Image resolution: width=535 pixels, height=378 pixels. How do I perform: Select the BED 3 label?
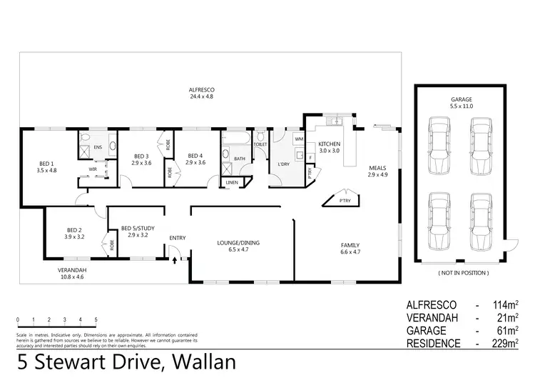pyautogui.click(x=141, y=159)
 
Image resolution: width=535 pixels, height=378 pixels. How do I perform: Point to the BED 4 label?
pyautogui.click(x=195, y=159)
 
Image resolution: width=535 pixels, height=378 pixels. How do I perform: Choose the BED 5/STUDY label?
pyautogui.click(x=134, y=231)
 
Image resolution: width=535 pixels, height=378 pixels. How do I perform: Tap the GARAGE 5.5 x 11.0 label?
pyautogui.click(x=461, y=102)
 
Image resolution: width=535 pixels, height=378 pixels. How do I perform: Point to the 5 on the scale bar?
pyautogui.click(x=96, y=319)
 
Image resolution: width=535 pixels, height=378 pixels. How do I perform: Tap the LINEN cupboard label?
pyautogui.click(x=232, y=182)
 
